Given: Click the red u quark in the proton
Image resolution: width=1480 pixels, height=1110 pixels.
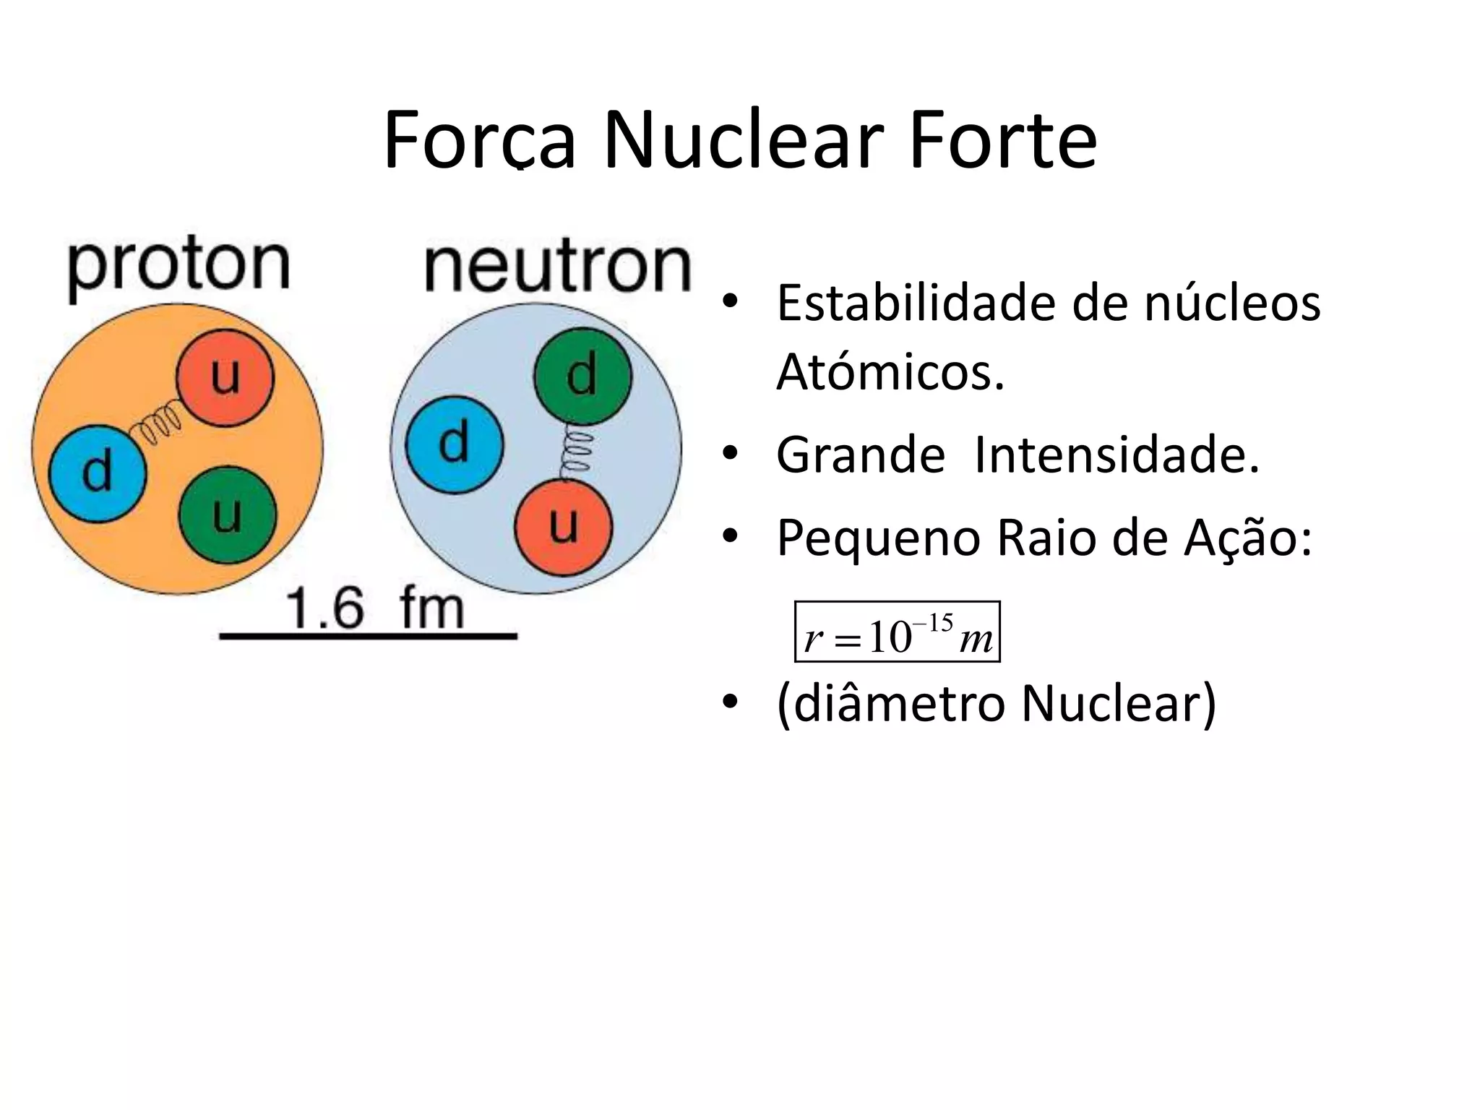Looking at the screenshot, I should tap(225, 377).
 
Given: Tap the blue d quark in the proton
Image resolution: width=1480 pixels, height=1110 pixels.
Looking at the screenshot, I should tap(98, 472).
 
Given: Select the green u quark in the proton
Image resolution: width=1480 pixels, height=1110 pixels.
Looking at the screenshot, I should tap(228, 515).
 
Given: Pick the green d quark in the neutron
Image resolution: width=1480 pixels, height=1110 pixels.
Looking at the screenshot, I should tap(582, 376).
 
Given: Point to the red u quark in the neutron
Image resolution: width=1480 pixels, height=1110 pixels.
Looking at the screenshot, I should tap(564, 525).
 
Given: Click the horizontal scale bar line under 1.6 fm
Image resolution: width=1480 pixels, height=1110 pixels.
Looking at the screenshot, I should tap(369, 636).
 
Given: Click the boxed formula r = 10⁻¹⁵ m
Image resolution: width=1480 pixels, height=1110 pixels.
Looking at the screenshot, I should tap(897, 632).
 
